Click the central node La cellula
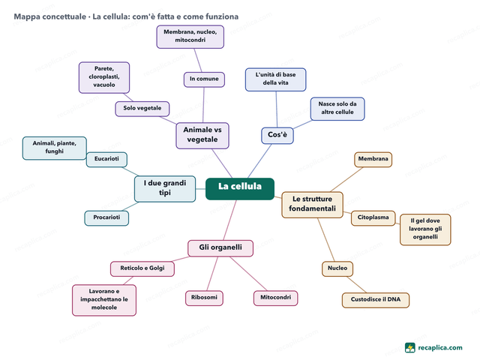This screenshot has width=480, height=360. (x=240, y=189)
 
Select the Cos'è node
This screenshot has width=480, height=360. (x=277, y=136)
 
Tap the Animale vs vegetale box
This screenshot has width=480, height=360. (x=202, y=136)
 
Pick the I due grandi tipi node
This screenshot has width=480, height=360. (x=165, y=189)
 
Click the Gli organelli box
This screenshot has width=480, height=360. (x=220, y=248)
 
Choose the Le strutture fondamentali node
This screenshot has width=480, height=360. (x=312, y=205)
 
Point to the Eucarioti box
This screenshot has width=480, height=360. (x=106, y=160)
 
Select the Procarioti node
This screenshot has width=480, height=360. (x=106, y=218)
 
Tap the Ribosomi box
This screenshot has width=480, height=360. (x=204, y=298)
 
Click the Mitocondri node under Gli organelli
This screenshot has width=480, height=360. (x=275, y=298)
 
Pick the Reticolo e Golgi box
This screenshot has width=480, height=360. (x=142, y=268)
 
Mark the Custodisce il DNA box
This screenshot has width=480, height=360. (x=376, y=300)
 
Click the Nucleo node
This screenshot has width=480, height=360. (x=337, y=268)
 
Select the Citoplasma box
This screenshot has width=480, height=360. (x=373, y=218)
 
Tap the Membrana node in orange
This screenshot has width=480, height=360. (x=373, y=160)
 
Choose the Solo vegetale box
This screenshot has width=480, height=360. (x=142, y=109)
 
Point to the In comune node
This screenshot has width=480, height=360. (x=204, y=79)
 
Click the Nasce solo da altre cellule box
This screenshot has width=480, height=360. (x=337, y=109)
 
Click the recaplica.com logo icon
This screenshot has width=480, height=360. (x=410, y=348)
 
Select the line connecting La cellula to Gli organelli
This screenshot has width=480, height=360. (x=230, y=220)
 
